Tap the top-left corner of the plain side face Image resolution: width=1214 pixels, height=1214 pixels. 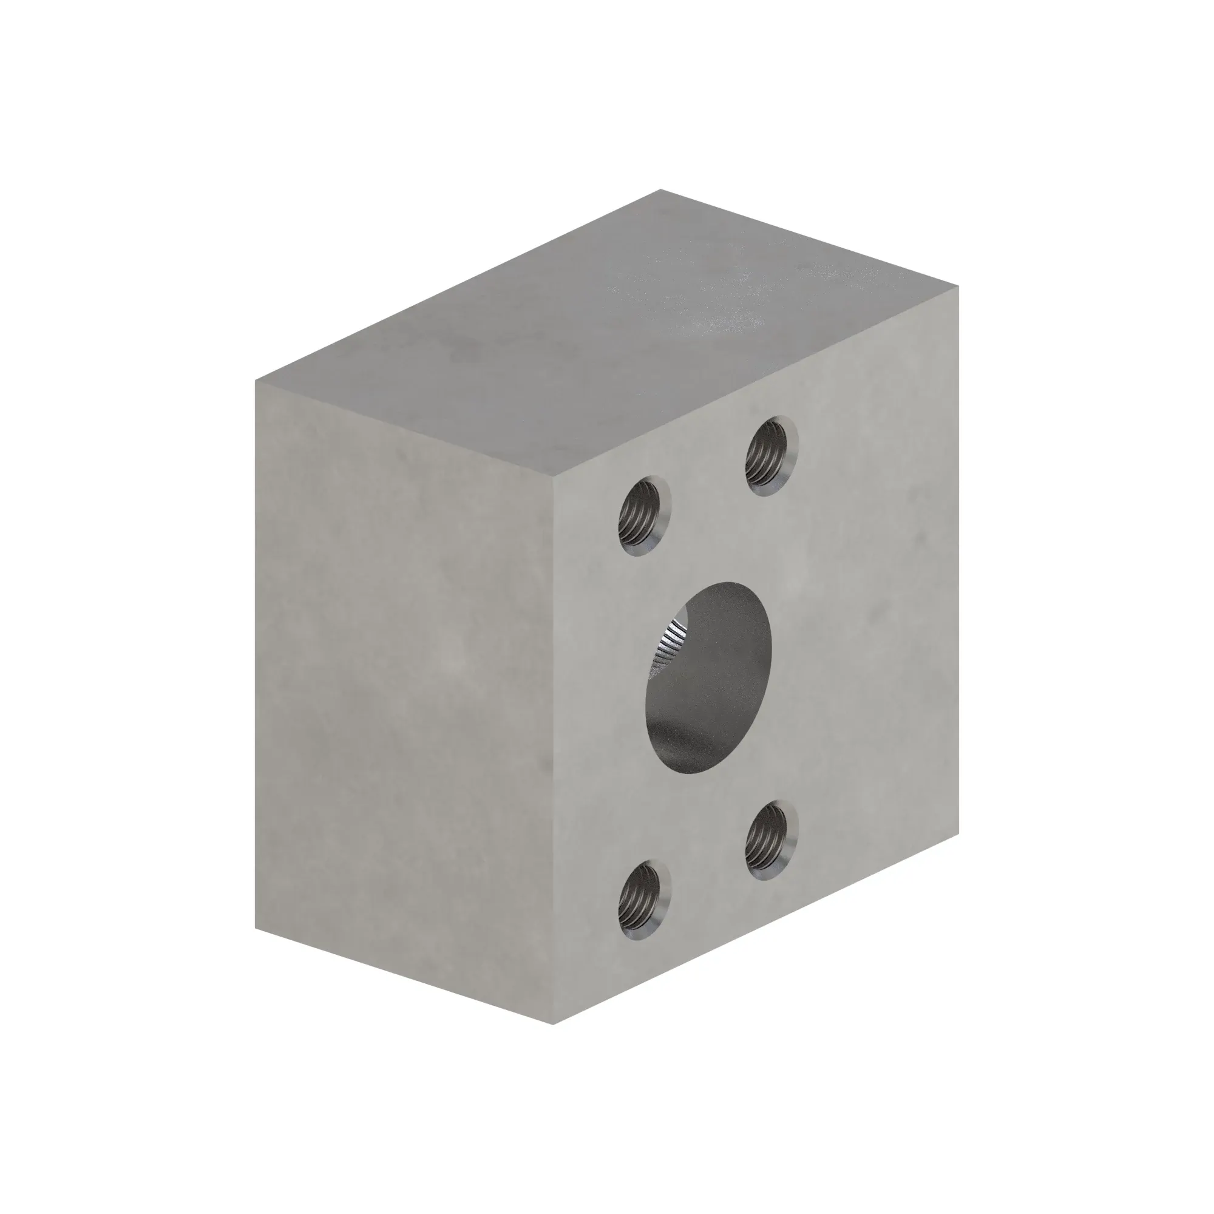pos(256,381)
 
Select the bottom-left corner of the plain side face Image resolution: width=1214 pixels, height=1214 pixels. pos(256,927)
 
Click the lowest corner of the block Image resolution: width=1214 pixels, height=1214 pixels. pos(554,1024)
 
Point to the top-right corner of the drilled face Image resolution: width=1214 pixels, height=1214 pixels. pos(958,286)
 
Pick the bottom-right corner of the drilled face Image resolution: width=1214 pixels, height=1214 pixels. pos(958,833)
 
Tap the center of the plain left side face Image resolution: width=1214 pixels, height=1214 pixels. pos(405,702)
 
